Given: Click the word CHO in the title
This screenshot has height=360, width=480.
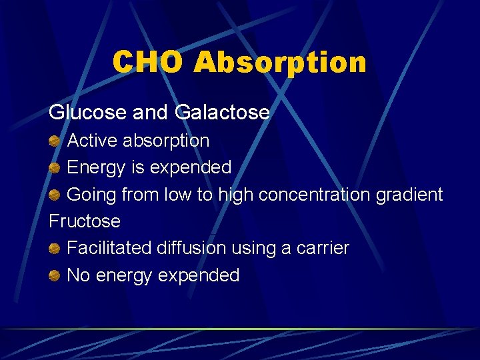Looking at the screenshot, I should tap(149, 62).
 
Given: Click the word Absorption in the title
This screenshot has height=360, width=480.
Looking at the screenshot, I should tap(279, 62).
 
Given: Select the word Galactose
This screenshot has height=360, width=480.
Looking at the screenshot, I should tap(222, 112).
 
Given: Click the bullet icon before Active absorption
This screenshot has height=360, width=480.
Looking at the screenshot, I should tap(55, 141).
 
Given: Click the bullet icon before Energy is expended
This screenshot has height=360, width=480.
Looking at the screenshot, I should tap(55, 167).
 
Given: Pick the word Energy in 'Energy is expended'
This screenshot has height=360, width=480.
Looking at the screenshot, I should tap(97, 167).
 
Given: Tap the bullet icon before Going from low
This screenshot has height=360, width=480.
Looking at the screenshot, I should tap(55, 195).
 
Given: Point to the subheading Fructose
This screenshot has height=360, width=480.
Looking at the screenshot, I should tap(85, 221).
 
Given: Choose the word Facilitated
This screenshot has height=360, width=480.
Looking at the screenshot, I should tap(109, 248).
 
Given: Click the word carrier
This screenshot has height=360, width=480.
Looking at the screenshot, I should tap(323, 248).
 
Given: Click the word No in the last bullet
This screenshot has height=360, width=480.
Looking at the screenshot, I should tap(79, 275).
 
